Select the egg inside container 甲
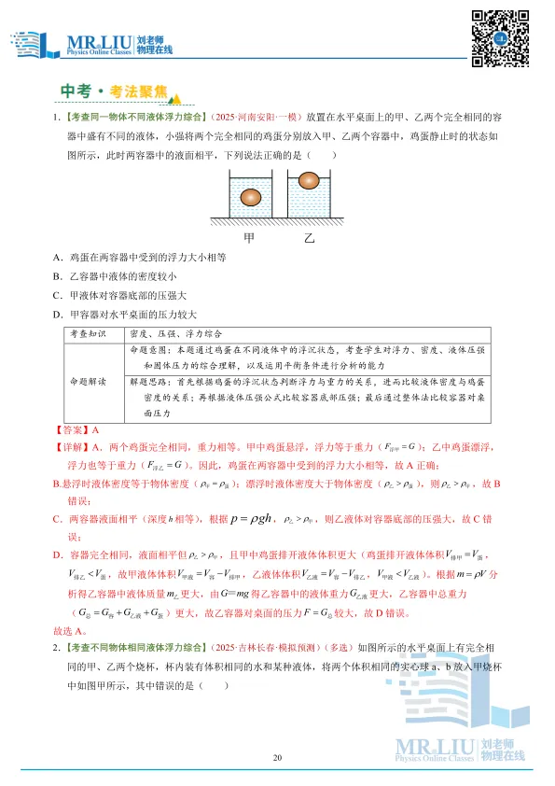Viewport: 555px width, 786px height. point(251,198)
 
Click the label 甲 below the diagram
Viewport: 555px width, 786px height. point(248,238)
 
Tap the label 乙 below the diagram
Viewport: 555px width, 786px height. point(311,238)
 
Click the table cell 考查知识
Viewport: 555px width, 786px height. point(89,333)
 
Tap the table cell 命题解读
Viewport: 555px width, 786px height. point(89,382)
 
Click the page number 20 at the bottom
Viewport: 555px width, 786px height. point(277,757)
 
